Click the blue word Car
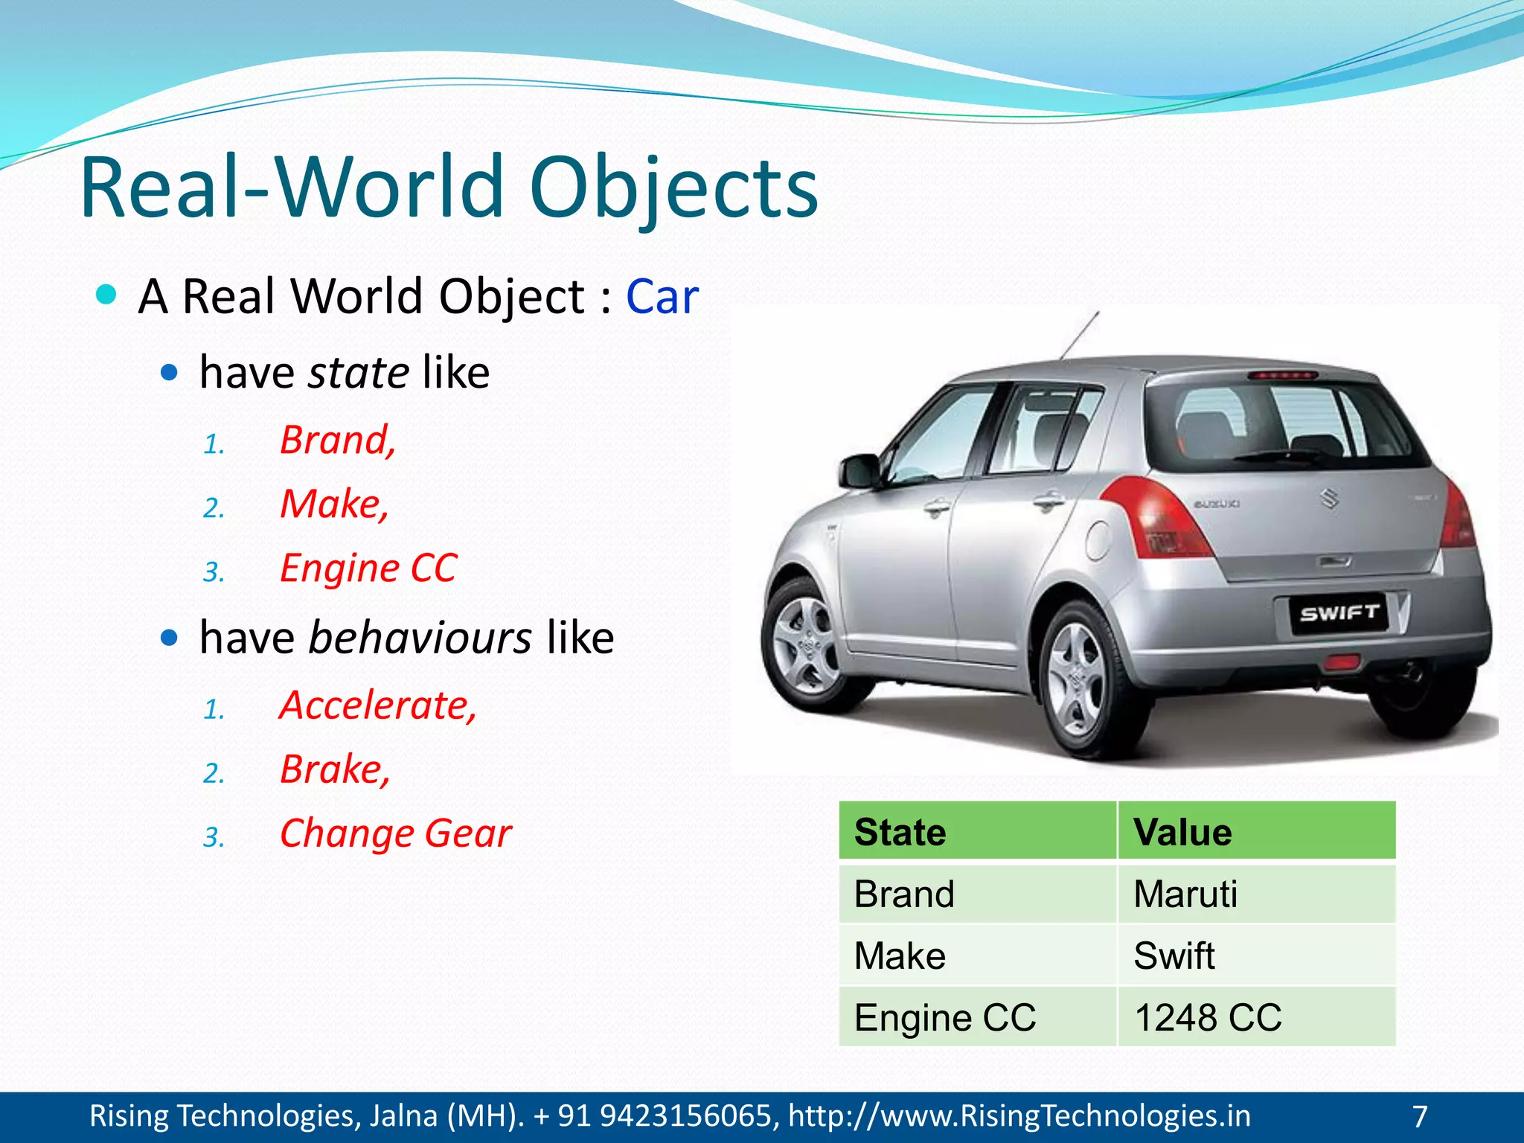point(662,297)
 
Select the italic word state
point(358,372)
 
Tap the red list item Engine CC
point(368,569)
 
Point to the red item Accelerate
point(378,705)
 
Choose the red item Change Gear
point(395,833)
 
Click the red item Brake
point(334,769)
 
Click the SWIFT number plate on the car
point(1339,613)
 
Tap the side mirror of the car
point(860,471)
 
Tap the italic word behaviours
point(420,638)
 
